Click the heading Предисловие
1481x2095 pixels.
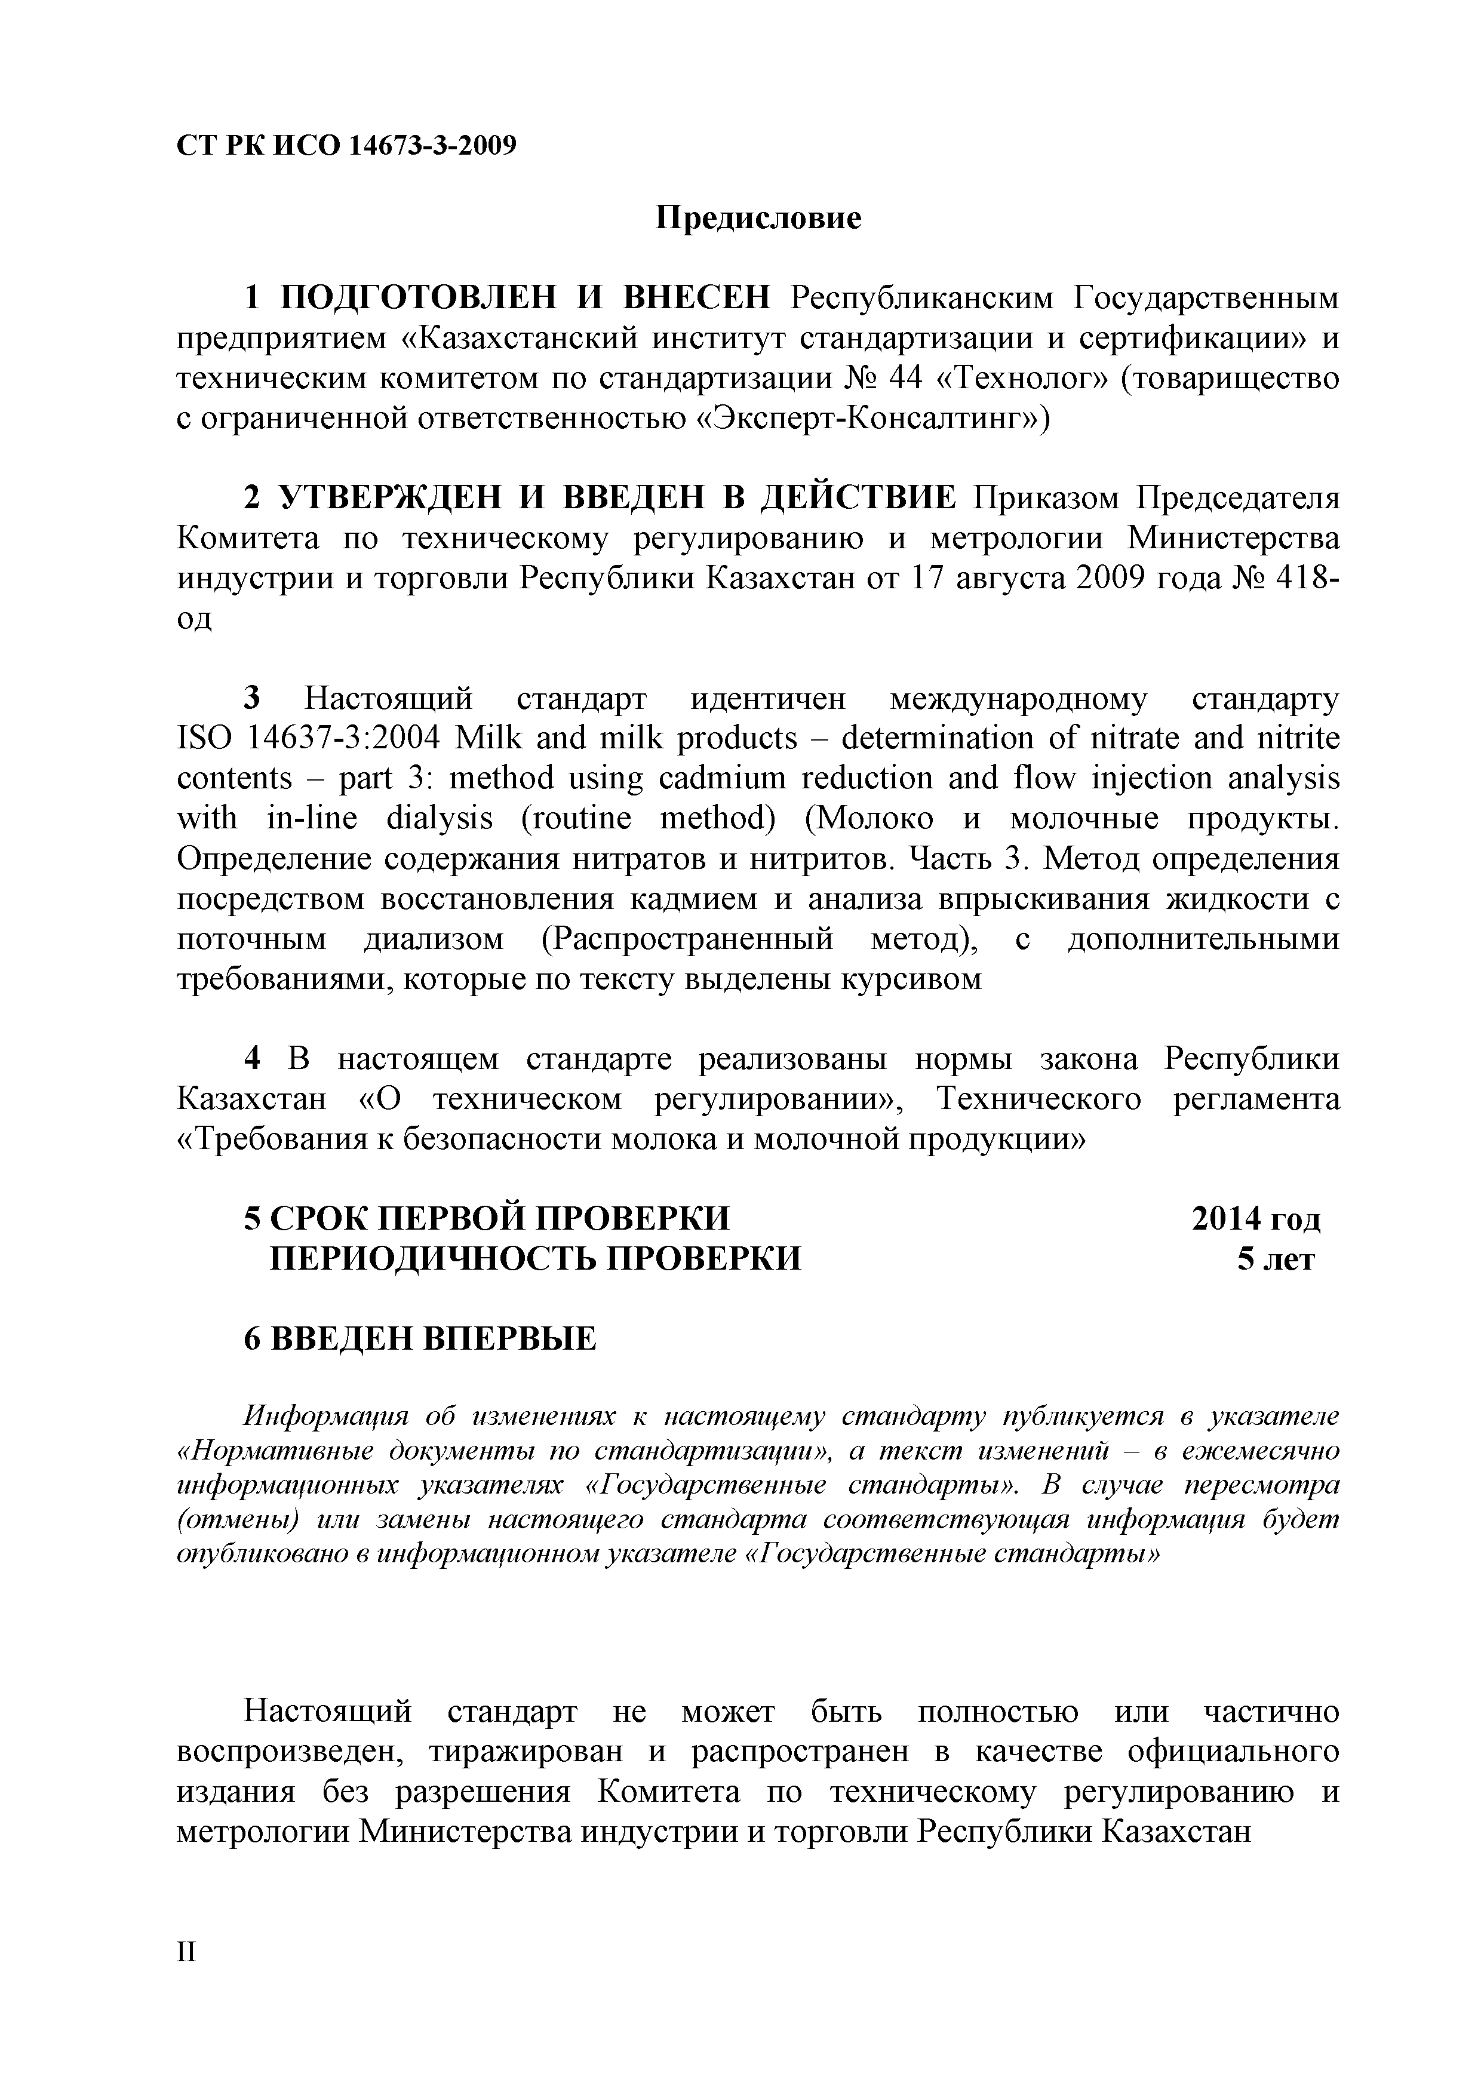(758, 219)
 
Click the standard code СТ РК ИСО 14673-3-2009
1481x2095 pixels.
(346, 144)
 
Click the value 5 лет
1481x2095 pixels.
(1275, 1259)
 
